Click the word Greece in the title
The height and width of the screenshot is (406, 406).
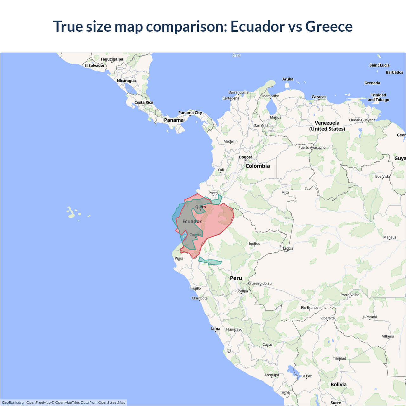(329, 26)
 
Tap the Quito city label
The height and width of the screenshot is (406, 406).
(200, 207)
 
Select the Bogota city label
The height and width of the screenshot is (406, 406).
(246, 157)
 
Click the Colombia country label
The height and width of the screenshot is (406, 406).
(258, 166)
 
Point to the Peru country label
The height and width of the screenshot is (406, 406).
(236, 278)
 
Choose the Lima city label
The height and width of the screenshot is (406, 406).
(216, 329)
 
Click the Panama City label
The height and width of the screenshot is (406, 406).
(190, 113)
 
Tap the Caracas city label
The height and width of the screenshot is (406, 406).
(319, 97)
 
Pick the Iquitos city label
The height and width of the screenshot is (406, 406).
(254, 244)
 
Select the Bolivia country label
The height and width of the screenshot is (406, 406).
(338, 384)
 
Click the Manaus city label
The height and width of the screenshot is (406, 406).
(390, 237)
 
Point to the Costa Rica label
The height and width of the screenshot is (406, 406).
(144, 102)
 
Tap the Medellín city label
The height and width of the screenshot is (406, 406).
(230, 141)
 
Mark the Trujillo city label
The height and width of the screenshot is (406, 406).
(195, 288)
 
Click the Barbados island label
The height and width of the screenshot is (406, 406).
(394, 72)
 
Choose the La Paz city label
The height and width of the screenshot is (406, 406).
(306, 376)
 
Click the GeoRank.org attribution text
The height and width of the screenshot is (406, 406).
(13, 403)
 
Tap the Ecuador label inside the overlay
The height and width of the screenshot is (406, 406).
(192, 221)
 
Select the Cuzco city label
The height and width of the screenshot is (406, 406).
(267, 344)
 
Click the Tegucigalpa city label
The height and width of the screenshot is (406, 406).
(112, 59)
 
